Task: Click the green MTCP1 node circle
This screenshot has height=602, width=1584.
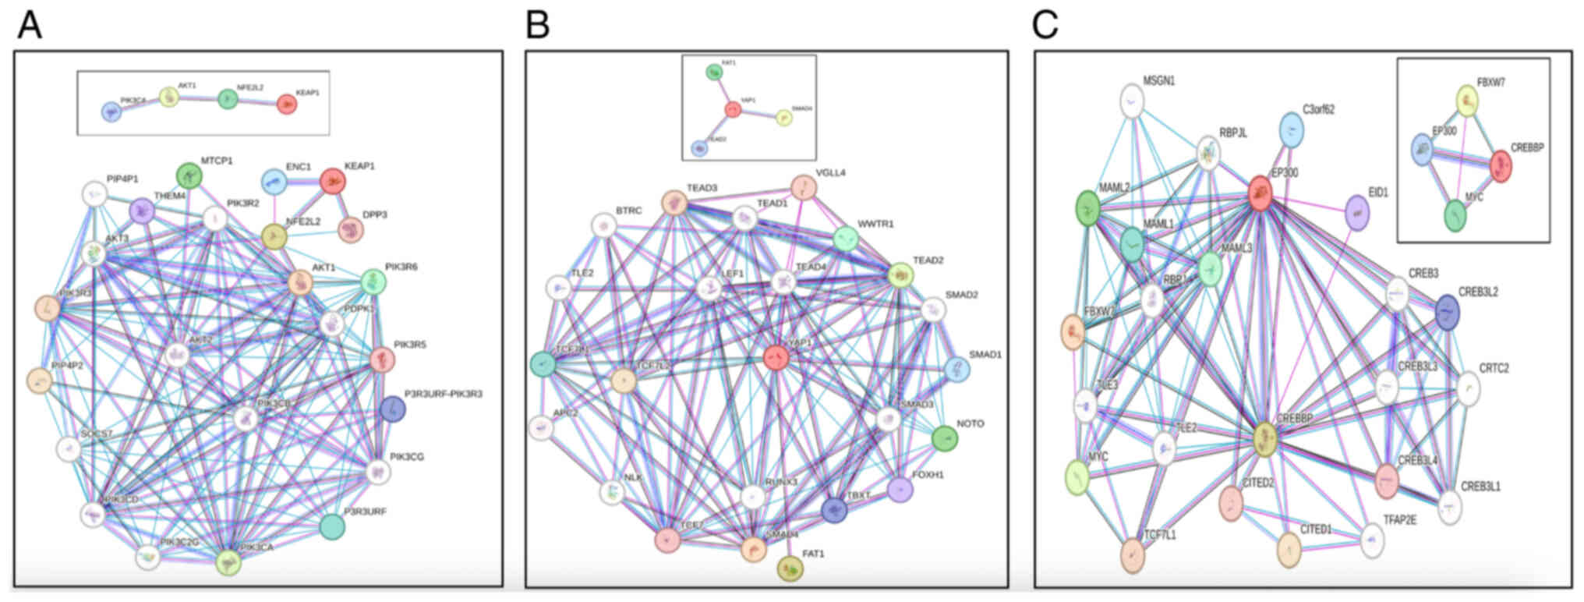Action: click(189, 175)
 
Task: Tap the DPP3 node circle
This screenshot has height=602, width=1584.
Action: click(351, 229)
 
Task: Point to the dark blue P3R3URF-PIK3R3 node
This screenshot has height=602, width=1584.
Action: click(393, 409)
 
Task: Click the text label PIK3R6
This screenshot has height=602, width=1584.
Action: click(401, 267)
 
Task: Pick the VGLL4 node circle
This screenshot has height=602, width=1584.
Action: click(804, 187)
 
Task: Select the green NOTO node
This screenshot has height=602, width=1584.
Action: click(945, 438)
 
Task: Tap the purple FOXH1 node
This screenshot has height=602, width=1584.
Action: click(900, 490)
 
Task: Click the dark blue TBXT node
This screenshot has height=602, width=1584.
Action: click(834, 509)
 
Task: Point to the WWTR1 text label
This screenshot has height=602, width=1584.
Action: click(875, 225)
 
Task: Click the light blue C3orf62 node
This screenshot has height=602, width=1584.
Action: click(1292, 130)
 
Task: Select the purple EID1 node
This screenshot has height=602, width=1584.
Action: click(1357, 213)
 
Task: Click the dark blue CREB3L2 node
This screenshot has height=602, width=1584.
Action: click(1447, 312)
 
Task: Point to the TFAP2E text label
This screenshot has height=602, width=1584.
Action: click(1399, 520)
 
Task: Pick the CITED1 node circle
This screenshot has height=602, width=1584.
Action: click(1289, 551)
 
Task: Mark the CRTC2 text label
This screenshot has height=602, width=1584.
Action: click(1494, 368)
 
